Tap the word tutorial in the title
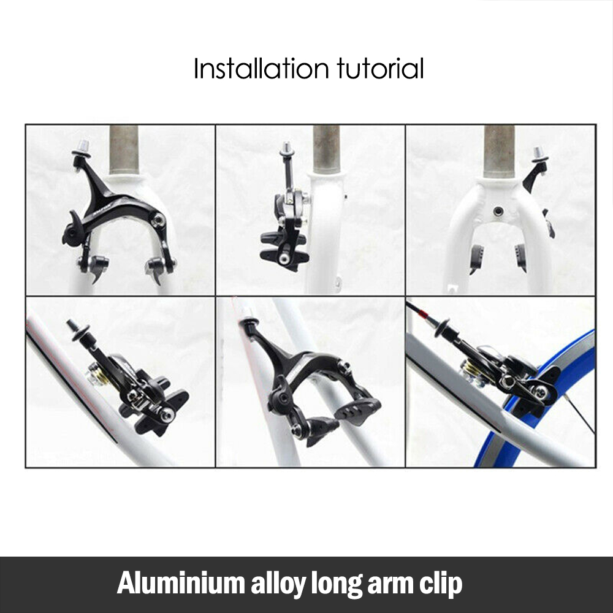380,69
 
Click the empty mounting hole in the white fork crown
498,211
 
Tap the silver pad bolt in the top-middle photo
284,259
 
